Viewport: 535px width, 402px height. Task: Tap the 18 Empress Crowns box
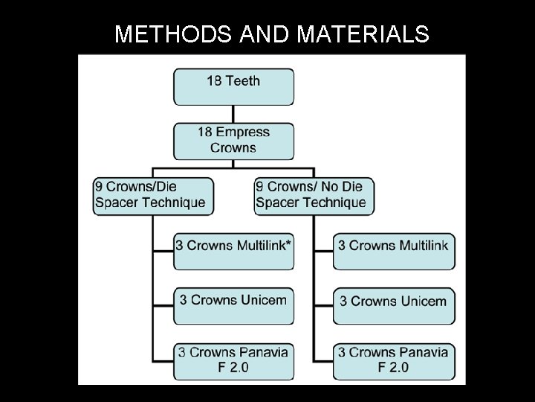point(233,140)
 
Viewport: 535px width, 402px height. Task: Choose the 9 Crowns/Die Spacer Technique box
point(153,196)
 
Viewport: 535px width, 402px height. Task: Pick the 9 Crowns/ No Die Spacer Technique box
point(314,196)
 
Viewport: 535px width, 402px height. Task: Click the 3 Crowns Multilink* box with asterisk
point(233,251)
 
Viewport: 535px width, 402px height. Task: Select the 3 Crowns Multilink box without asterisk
point(393,251)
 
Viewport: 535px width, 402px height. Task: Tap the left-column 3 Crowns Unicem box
point(233,305)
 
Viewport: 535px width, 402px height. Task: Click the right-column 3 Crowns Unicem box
point(393,305)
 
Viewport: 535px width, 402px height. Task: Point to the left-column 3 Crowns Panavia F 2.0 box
point(233,360)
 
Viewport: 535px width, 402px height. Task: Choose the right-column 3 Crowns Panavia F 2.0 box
point(393,360)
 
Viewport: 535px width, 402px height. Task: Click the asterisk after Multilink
point(288,243)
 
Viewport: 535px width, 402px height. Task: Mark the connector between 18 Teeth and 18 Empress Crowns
point(233,114)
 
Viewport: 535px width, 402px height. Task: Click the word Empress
point(244,133)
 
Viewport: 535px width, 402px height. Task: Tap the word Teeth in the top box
point(243,80)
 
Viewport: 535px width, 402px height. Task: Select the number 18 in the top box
point(214,80)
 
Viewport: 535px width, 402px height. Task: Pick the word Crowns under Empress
point(233,147)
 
